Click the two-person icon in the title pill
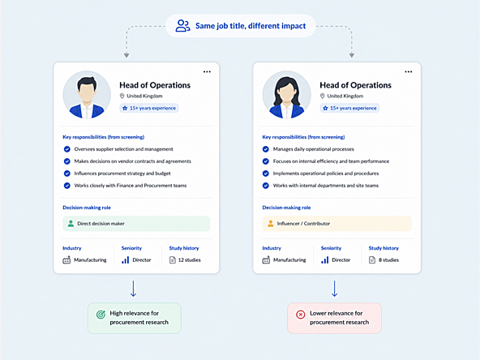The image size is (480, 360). tap(182, 26)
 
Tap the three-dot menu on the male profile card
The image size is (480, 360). tap(207, 71)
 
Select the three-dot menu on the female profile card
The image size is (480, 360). tap(409, 71)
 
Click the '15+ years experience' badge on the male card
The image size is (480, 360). tap(149, 108)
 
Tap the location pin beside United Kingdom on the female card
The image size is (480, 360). tap(322, 96)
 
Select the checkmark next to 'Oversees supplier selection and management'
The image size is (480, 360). tap(66, 149)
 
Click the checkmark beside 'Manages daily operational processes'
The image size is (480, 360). tap(266, 149)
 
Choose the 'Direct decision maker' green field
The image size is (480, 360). tap(136, 224)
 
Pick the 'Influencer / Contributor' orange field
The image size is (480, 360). tap(336, 224)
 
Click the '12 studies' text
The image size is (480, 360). tap(190, 260)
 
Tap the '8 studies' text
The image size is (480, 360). tap(388, 260)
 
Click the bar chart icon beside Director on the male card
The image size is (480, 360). tap(125, 260)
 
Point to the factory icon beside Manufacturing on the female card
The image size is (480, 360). tap(266, 260)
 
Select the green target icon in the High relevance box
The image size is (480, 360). tap(101, 314)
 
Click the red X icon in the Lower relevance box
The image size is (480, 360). tap(301, 315)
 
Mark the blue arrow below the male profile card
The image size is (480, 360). tap(133, 289)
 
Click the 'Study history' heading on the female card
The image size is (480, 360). tap(384, 248)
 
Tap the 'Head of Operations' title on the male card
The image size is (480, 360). tap(155, 85)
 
